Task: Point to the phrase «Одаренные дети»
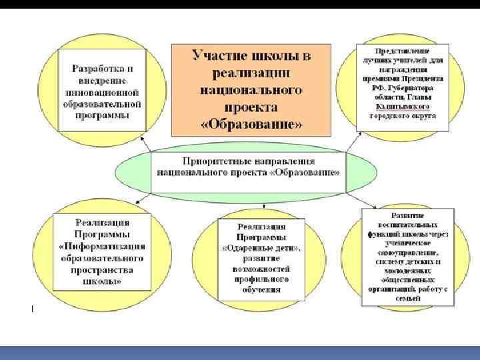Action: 262,248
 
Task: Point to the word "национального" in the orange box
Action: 251,89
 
